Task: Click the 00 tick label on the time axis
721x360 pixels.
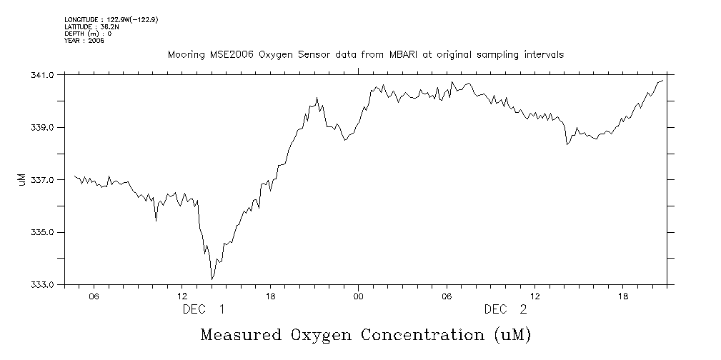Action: (x=358, y=296)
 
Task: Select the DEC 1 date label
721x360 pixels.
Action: (x=204, y=309)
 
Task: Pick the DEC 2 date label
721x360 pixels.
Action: (x=506, y=309)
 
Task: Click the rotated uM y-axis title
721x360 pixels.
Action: (x=21, y=180)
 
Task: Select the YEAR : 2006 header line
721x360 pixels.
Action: (x=84, y=41)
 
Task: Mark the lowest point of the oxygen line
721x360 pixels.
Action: (x=212, y=279)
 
